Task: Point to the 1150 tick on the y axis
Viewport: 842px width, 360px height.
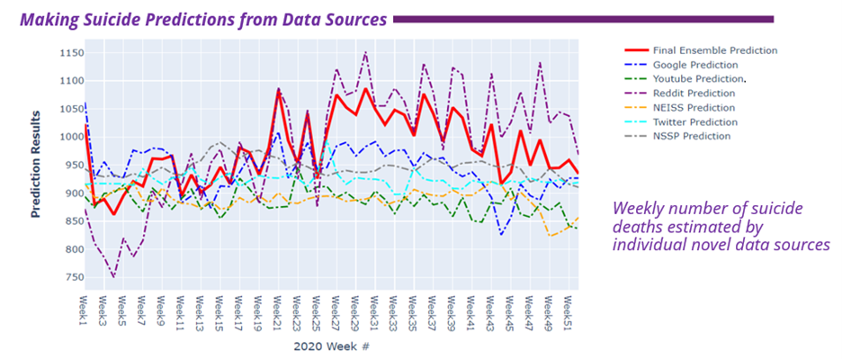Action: click(x=67, y=53)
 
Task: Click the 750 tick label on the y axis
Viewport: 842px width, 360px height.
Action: click(x=70, y=277)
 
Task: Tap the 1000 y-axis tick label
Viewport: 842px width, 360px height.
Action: click(x=67, y=137)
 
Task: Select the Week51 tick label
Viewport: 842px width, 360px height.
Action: click(x=569, y=310)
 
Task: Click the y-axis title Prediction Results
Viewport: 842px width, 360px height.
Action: click(x=37, y=166)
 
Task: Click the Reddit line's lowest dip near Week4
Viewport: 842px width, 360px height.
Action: click(x=113, y=277)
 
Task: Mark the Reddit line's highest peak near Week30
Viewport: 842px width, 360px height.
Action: click(x=365, y=52)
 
